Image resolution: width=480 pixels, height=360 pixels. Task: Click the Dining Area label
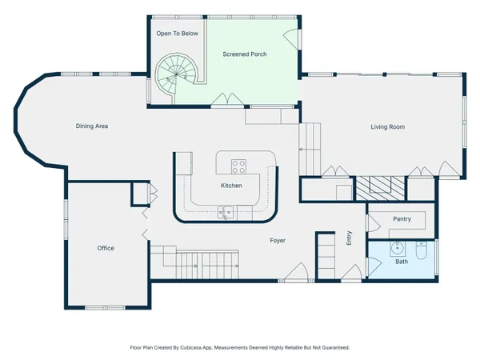click(x=92, y=126)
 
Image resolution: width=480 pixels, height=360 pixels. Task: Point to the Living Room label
click(x=387, y=127)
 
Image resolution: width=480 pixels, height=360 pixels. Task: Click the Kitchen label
click(x=231, y=186)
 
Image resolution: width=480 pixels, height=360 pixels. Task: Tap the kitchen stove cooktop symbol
click(x=238, y=166)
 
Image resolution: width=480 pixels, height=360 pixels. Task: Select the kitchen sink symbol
click(x=227, y=212)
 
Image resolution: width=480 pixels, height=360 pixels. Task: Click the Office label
click(x=106, y=248)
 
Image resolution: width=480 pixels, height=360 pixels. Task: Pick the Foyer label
click(x=278, y=240)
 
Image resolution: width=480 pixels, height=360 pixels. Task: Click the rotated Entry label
click(x=349, y=238)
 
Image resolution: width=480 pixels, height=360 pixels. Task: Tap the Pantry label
click(x=402, y=218)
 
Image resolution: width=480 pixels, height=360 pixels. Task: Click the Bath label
click(x=401, y=262)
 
